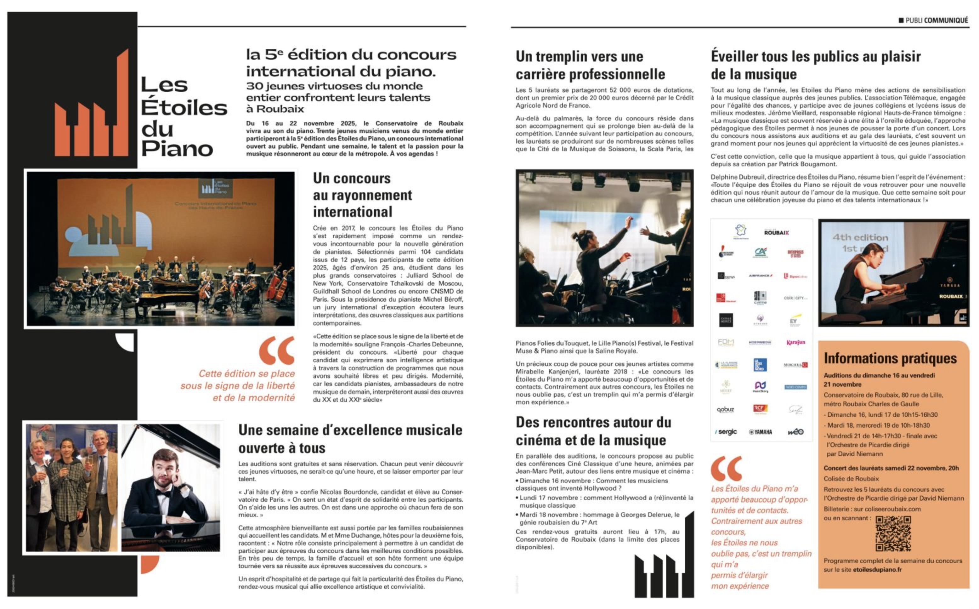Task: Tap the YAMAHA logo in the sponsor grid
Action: click(761, 432)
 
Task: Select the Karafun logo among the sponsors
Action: click(795, 342)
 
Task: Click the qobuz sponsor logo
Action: click(725, 410)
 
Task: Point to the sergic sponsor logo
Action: click(726, 432)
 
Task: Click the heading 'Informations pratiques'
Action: click(890, 358)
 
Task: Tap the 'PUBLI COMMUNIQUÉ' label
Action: click(933, 20)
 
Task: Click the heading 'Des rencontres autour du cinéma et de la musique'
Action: click(593, 431)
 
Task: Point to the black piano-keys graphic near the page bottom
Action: click(664, 564)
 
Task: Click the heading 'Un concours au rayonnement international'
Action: click(362, 195)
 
